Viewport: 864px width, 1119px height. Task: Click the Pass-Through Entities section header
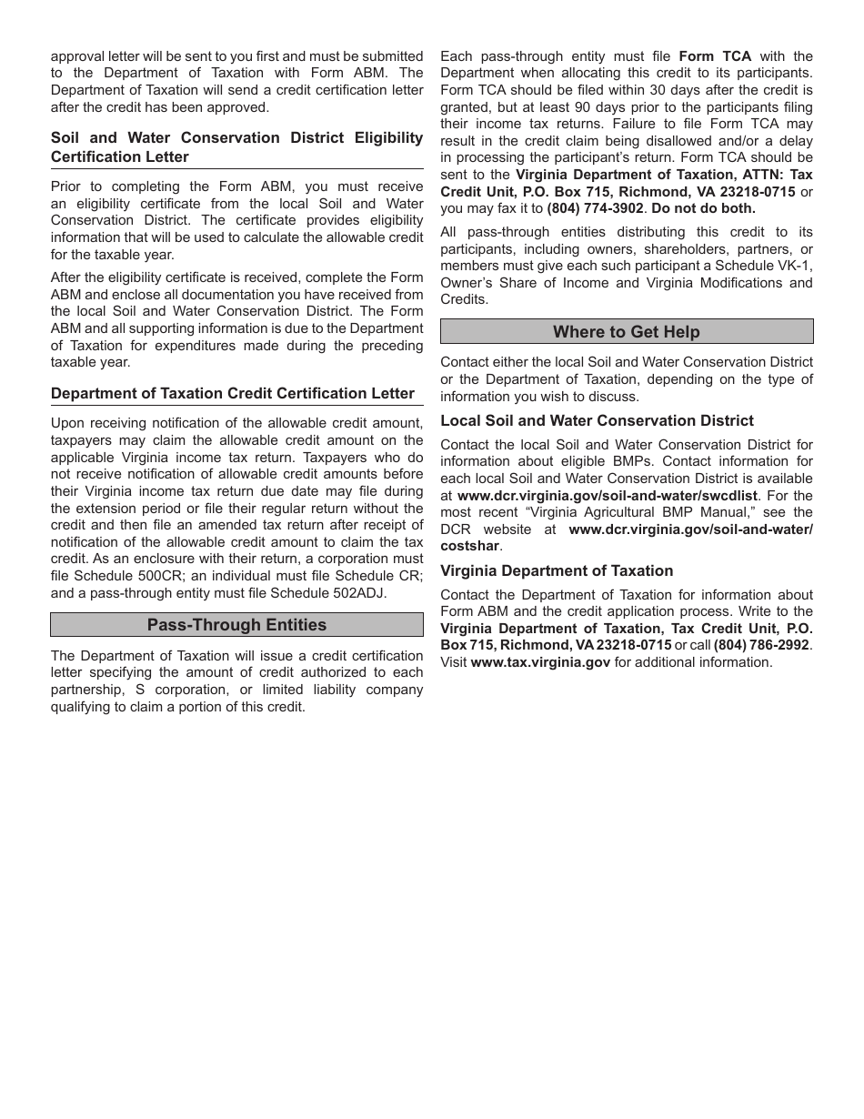(x=236, y=625)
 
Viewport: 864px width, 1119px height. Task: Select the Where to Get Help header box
(x=627, y=332)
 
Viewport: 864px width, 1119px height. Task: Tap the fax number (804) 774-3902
(x=595, y=208)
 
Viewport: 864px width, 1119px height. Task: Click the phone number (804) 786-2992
(x=761, y=645)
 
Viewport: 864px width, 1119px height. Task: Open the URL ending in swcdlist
(x=608, y=496)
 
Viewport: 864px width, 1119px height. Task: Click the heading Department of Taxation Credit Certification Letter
(x=233, y=394)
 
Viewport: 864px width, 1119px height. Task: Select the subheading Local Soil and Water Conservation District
(x=597, y=421)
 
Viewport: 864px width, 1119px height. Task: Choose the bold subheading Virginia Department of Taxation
(x=557, y=571)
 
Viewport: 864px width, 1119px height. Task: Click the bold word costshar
(x=470, y=547)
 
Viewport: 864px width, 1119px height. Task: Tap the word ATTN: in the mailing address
(x=754, y=175)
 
